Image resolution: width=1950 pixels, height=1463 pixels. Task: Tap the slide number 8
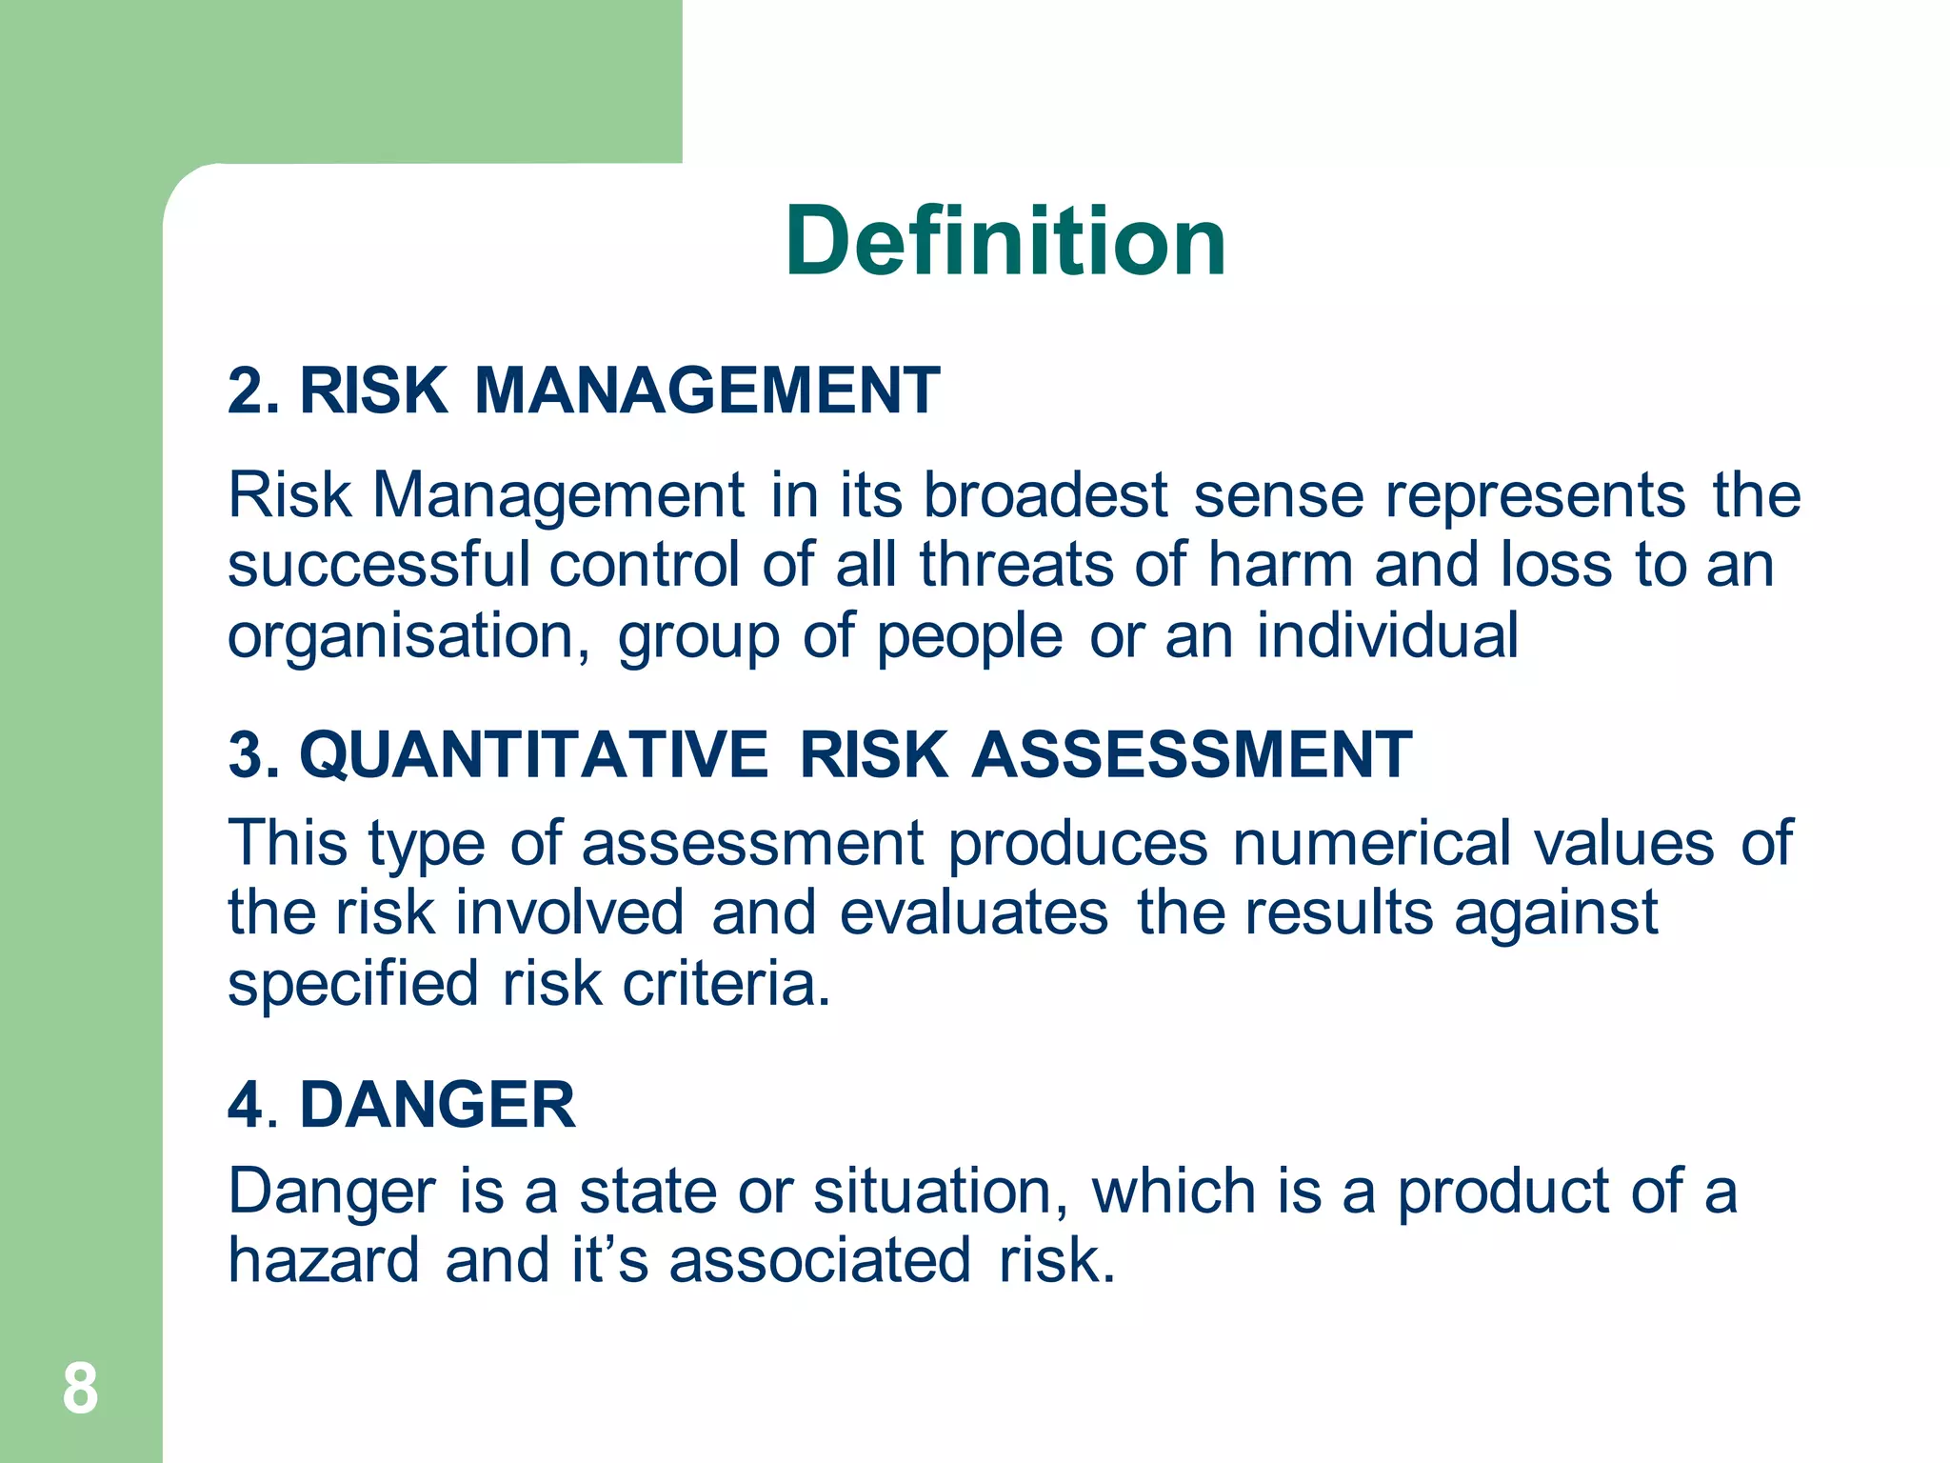[80, 1389]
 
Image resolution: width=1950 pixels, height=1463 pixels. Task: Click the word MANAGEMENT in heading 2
[707, 391]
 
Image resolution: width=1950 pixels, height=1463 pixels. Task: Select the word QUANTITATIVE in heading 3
[534, 754]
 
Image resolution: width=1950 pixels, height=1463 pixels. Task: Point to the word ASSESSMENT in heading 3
[1192, 754]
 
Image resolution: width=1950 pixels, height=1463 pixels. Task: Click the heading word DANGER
[437, 1105]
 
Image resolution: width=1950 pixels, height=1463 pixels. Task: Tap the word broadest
[1045, 495]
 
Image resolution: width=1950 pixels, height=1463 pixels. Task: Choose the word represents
[1535, 495]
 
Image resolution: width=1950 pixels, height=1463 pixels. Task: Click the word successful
[378, 564]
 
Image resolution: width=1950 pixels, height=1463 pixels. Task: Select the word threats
[1016, 564]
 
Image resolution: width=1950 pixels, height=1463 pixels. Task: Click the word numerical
[1371, 843]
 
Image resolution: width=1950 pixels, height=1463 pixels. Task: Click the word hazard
[324, 1260]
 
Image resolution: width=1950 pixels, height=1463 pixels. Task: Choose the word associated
[820, 1260]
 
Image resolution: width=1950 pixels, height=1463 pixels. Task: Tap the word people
[968, 636]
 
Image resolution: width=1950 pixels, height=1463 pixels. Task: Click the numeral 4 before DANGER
[246, 1106]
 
